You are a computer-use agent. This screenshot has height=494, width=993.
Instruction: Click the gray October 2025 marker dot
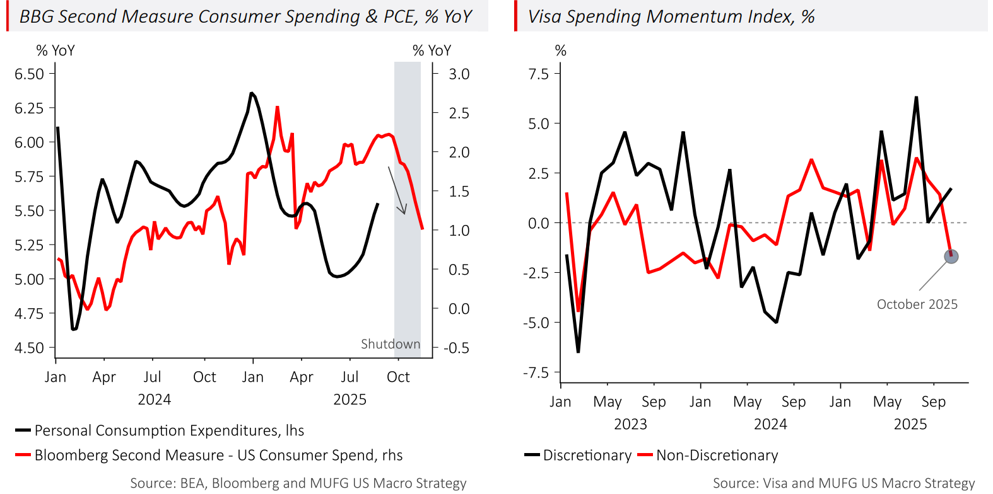(x=951, y=256)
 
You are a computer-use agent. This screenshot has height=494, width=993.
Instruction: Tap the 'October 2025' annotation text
(x=917, y=304)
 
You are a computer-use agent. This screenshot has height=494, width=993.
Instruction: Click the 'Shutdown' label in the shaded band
(x=390, y=344)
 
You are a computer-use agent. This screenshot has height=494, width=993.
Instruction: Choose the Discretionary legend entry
(x=579, y=455)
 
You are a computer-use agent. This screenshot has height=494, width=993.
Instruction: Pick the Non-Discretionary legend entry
(x=708, y=455)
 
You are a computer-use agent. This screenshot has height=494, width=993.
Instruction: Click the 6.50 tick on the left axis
(x=30, y=74)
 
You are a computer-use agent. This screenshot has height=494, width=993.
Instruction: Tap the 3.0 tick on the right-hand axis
(x=459, y=74)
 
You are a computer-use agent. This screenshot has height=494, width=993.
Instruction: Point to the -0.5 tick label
(x=456, y=348)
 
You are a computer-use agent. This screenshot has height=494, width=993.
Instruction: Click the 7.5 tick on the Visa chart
(x=539, y=74)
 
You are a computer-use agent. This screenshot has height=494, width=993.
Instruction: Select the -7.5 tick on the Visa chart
(x=536, y=372)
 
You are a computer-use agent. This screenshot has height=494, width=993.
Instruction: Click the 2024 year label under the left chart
(x=154, y=399)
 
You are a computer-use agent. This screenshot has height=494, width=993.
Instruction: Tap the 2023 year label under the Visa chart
(x=630, y=424)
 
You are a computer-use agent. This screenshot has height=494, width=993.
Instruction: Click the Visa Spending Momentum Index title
(x=671, y=16)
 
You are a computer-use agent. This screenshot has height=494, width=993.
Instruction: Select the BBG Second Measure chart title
(x=245, y=16)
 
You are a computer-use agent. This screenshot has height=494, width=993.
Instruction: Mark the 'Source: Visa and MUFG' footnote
(x=843, y=483)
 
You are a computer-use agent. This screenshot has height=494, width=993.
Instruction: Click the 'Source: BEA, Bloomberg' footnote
(x=298, y=483)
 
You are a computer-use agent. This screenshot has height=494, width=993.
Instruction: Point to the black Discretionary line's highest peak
(x=916, y=97)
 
